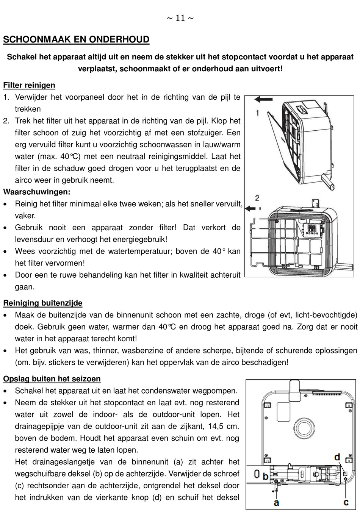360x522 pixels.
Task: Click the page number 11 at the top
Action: click(180, 18)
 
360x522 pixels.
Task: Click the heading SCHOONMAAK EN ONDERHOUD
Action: click(76, 39)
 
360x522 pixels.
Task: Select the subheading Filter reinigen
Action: click(29, 85)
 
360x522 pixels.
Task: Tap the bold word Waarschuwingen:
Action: click(37, 192)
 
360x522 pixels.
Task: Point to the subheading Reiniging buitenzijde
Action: click(43, 303)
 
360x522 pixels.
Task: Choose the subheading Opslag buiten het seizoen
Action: click(52, 379)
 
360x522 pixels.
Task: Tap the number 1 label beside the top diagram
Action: click(257, 113)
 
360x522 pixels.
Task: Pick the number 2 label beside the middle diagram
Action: click(257, 197)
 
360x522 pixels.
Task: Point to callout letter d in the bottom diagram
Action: click(337, 457)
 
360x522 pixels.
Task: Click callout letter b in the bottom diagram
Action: click(266, 476)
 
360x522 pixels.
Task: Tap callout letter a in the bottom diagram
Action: click(277, 503)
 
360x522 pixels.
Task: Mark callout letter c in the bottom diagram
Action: click(346, 502)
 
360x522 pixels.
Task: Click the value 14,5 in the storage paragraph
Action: click(216, 426)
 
